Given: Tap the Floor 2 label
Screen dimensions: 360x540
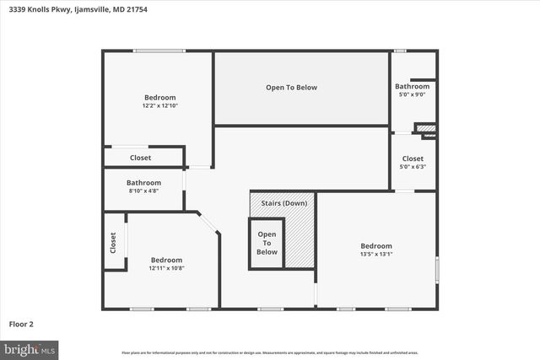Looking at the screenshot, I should (x=21, y=324).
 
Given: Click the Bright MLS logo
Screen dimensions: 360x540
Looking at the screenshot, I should (x=30, y=348).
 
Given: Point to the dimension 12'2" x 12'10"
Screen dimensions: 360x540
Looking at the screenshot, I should (x=159, y=106).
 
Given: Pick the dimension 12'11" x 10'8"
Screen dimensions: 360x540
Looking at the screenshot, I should (x=166, y=268).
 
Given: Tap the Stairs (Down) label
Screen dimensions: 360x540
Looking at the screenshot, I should (x=283, y=203).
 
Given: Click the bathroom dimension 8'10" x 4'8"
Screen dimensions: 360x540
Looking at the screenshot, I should (x=143, y=191).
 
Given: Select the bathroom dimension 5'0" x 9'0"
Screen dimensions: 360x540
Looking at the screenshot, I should (x=412, y=94).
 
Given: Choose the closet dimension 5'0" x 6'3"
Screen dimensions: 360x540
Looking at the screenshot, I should (x=413, y=167).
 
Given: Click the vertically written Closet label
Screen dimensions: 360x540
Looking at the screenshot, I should (x=113, y=243).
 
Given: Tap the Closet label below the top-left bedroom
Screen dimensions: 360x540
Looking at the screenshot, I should (x=141, y=158).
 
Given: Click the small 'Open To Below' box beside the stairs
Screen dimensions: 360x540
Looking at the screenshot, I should (x=267, y=243).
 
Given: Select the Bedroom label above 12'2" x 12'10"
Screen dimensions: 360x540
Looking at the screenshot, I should (x=159, y=98).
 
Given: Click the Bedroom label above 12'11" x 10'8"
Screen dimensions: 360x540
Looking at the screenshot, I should (x=166, y=260).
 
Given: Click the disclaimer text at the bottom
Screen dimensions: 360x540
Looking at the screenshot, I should (x=270, y=352).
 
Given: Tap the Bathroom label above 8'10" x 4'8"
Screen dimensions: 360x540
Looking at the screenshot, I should (x=143, y=183).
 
